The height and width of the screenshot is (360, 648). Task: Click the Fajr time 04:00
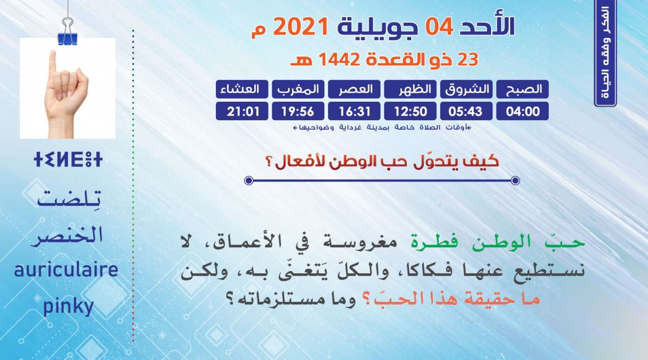[x=522, y=111]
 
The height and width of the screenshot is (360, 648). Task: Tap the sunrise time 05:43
[x=467, y=111]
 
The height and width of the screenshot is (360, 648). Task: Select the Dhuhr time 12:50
[x=410, y=111]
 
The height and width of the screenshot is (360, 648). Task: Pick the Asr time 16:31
[x=354, y=111]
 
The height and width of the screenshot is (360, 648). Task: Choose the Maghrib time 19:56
[x=298, y=111]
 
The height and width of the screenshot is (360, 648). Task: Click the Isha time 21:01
[x=242, y=111]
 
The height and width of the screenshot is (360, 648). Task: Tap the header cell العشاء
[x=242, y=89]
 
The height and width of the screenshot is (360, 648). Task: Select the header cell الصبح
[x=522, y=89]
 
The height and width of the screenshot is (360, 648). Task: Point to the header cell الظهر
[x=410, y=89]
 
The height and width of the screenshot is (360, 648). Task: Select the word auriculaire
[x=66, y=270]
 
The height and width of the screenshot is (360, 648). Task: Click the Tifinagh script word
[x=68, y=160]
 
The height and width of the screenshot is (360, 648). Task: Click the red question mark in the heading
[x=269, y=162]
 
